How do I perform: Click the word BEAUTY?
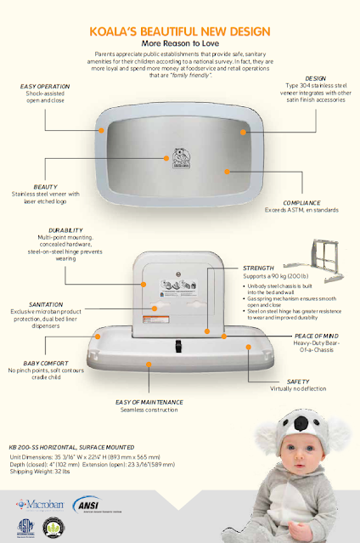pos(46,185)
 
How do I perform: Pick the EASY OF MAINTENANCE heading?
pos(149,402)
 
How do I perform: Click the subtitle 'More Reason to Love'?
pos(179,41)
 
